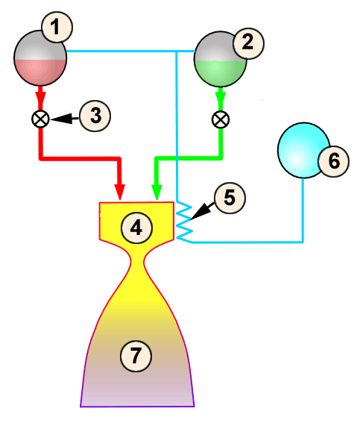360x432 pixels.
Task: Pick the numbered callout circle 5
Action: click(x=228, y=198)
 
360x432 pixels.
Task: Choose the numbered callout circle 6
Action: click(x=332, y=160)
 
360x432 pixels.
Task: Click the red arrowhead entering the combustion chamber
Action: click(x=120, y=192)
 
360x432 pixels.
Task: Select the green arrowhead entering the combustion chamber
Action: click(x=156, y=192)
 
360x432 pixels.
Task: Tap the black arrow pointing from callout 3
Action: click(x=66, y=117)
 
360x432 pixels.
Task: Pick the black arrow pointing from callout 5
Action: click(x=202, y=212)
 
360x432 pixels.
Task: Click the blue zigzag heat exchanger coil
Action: click(x=184, y=220)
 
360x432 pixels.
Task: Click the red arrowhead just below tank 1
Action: click(x=40, y=98)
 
